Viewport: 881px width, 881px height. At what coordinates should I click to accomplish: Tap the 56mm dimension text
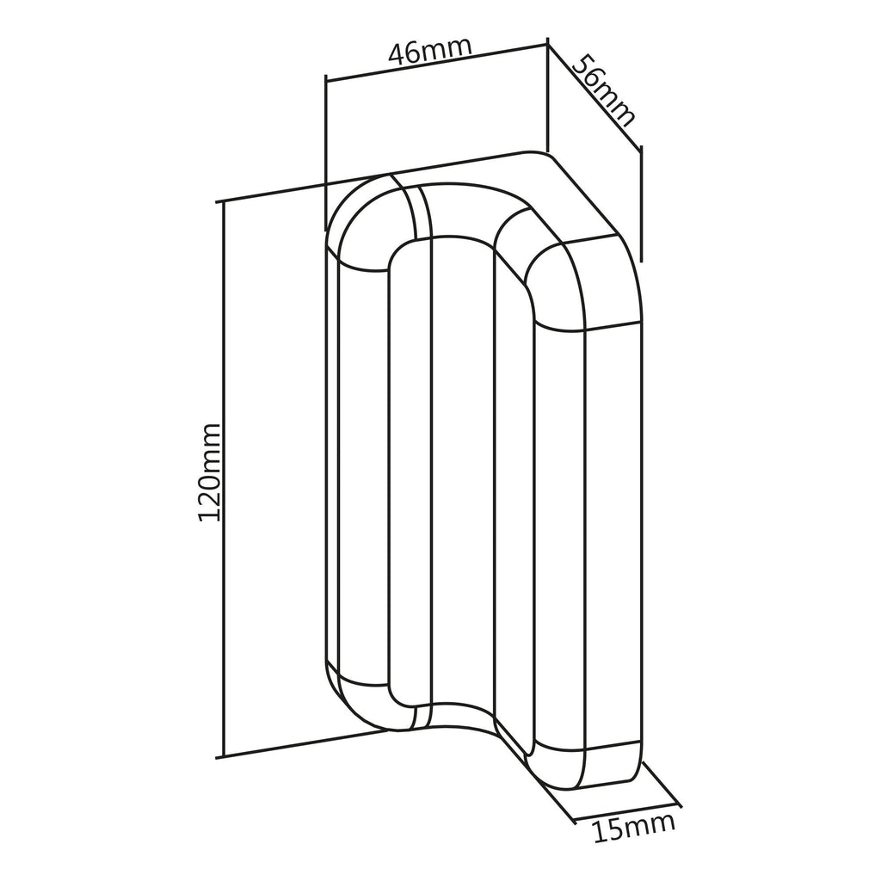coord(604,89)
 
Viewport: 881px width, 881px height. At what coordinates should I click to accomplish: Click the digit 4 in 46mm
coord(398,55)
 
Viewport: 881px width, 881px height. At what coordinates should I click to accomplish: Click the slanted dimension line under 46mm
coord(436,61)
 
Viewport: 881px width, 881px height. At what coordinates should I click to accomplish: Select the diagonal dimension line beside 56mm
coord(594,95)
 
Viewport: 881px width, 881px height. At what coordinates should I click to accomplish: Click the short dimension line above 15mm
coord(628,812)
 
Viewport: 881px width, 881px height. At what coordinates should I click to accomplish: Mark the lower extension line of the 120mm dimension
coord(304,744)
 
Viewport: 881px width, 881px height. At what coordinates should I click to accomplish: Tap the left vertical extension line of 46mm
coord(325,152)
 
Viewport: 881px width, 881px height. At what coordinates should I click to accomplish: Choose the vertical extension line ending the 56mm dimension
coord(641,203)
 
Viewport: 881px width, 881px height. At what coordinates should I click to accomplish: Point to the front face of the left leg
coord(364,477)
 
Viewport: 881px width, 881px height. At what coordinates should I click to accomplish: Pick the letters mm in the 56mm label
coord(615,104)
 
